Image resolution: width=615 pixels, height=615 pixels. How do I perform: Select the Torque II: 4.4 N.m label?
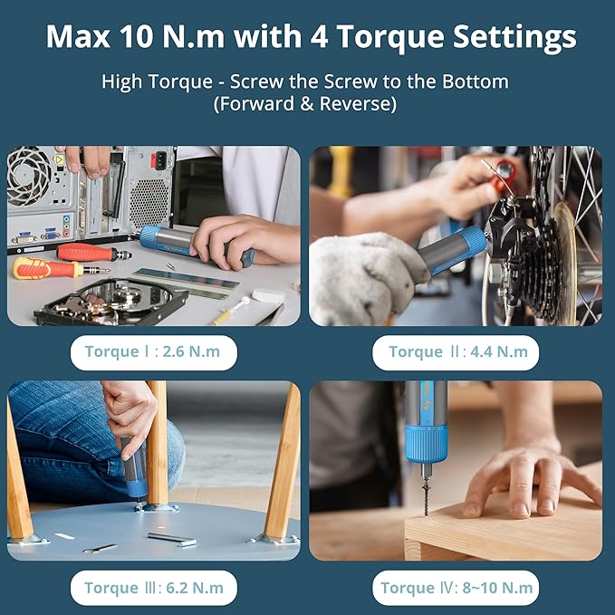[456, 351]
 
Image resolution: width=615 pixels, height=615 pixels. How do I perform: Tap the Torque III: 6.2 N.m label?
[153, 587]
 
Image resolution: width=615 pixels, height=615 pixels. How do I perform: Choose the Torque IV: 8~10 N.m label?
[456, 587]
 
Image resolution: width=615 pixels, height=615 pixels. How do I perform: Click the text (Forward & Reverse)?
[305, 104]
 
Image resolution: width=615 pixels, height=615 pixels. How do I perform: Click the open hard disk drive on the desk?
[109, 302]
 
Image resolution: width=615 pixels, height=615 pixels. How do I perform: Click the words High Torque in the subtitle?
[154, 82]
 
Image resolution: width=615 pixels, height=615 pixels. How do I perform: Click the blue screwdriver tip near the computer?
[150, 237]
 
